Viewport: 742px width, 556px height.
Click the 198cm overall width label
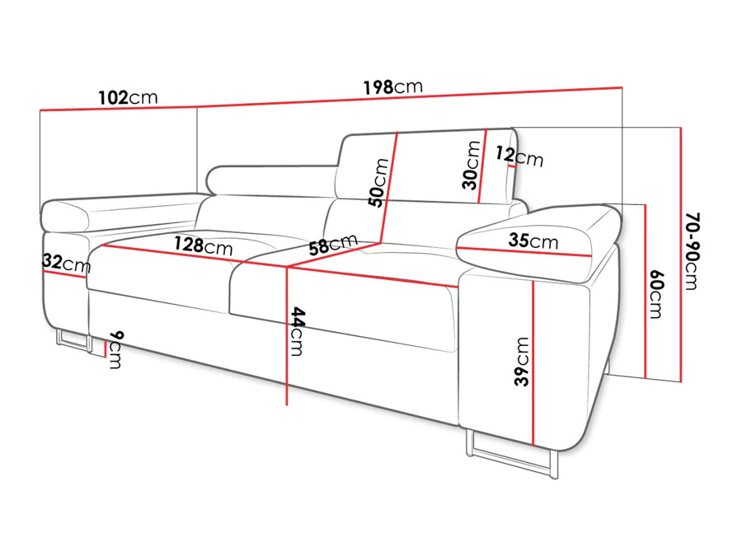coord(392,87)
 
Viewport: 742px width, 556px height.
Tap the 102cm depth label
coord(128,97)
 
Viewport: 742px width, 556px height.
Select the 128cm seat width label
coord(204,245)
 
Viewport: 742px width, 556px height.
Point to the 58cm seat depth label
coord(333,244)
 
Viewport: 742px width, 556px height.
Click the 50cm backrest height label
coord(378,183)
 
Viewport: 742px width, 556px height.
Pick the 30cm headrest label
coord(472,166)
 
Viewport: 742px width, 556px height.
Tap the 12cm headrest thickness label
coord(519,156)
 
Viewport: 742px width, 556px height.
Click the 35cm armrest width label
coord(533,241)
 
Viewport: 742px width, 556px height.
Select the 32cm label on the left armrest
coord(66,263)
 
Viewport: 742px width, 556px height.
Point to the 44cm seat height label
coord(298,331)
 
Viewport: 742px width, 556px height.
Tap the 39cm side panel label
coord(522,362)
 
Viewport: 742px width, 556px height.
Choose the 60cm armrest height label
coord(657,295)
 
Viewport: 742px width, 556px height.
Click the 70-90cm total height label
coord(692,251)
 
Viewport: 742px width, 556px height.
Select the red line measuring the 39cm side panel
coord(533,363)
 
